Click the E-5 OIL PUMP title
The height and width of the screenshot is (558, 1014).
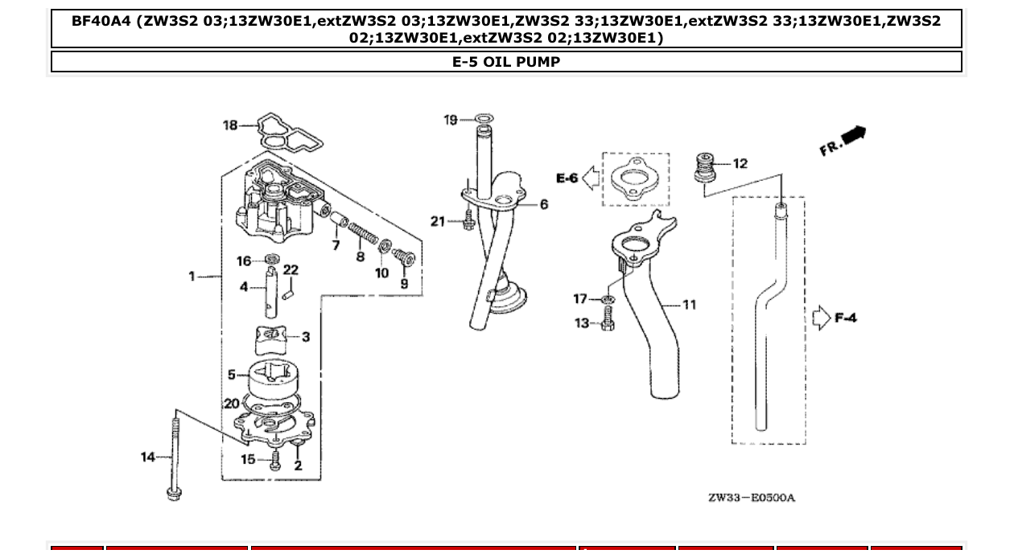[x=506, y=62]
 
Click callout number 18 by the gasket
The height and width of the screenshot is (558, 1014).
[x=230, y=125]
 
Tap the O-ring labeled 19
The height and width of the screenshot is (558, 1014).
[x=483, y=120]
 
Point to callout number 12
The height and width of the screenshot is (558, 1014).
[x=740, y=163]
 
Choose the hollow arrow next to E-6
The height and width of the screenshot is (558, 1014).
[x=591, y=178]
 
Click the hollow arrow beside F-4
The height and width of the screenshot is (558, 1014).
[x=821, y=318]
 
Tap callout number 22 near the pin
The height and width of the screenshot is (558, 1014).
[x=291, y=270]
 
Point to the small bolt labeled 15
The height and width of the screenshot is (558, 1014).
[x=275, y=461]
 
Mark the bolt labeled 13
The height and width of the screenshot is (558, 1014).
[x=608, y=325]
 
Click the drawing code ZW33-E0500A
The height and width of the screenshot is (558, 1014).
[x=751, y=498]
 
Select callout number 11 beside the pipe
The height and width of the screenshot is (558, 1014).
[x=689, y=305]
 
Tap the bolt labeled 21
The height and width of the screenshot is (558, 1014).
[x=468, y=223]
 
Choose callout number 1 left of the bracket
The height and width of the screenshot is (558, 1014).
[x=192, y=277]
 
